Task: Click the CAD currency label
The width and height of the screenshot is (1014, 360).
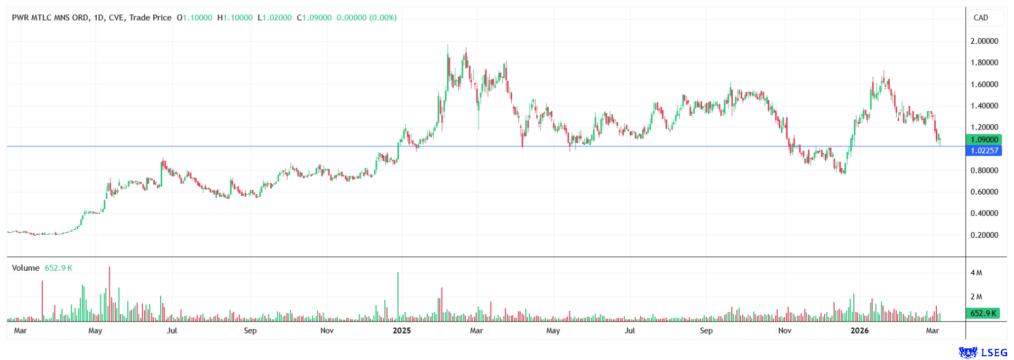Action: [981, 17]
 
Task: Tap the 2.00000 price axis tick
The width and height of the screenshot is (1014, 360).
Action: [984, 41]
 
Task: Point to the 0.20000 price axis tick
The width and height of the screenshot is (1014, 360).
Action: [984, 235]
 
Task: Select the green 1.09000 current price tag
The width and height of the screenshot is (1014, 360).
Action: [984, 140]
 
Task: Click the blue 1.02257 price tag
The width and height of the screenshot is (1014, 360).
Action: [984, 151]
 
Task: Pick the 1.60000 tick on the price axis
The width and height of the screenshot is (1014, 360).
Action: [984, 85]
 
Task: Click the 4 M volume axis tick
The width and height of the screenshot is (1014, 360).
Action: [976, 273]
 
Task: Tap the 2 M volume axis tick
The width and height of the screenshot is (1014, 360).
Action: [976, 297]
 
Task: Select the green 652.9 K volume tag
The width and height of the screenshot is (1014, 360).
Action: [983, 313]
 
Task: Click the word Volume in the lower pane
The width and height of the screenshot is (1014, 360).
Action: [25, 268]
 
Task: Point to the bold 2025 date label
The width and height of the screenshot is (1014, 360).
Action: [401, 331]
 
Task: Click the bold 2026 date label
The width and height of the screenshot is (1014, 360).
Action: [859, 331]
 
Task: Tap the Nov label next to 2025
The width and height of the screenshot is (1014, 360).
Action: [327, 331]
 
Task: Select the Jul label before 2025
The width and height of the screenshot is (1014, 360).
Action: [172, 331]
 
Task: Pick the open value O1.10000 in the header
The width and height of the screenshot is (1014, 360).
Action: [194, 17]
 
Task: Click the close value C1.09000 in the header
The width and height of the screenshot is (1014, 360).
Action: [314, 17]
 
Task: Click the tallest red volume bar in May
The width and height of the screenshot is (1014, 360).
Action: [109, 294]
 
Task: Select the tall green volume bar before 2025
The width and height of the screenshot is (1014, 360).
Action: [398, 297]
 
